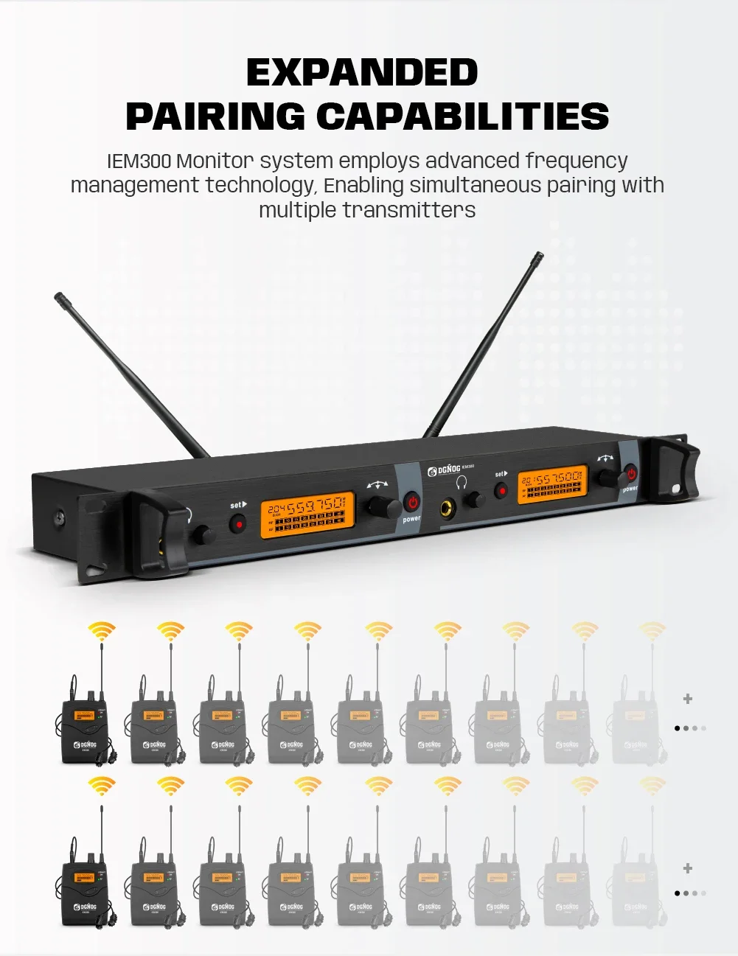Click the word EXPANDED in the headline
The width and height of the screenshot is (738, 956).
pyautogui.click(x=361, y=72)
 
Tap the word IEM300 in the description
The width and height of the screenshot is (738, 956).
pyautogui.click(x=139, y=161)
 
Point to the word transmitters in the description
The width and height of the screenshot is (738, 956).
pyautogui.click(x=408, y=210)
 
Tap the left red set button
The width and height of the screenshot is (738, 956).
pyautogui.click(x=237, y=523)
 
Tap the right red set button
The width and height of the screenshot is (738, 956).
pyautogui.click(x=501, y=490)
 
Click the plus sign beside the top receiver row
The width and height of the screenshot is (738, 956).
pyautogui.click(x=688, y=699)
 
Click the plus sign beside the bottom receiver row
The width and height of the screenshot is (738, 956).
pyautogui.click(x=688, y=868)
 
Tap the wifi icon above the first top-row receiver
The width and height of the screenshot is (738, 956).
pyautogui.click(x=102, y=632)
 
